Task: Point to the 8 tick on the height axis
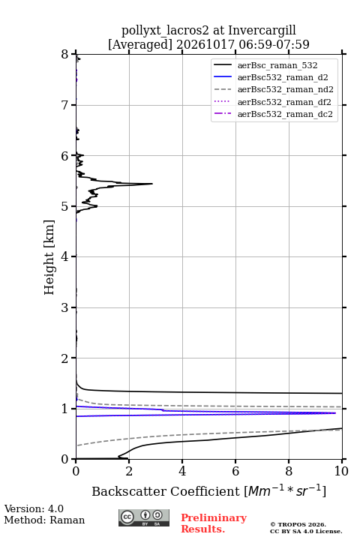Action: pyautogui.click(x=65, y=55)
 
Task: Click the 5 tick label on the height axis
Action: pyautogui.click(x=65, y=206)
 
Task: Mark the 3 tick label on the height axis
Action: pyautogui.click(x=65, y=307)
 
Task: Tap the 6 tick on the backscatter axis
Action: pyautogui.click(x=235, y=471)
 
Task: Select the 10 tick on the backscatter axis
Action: pyautogui.click(x=341, y=471)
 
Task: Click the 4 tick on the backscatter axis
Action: pyautogui.click(x=182, y=471)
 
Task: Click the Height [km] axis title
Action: pyautogui.click(x=49, y=257)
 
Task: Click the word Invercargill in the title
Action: pyautogui.click(x=262, y=30)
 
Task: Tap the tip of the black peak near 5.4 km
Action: pyautogui.click(x=152, y=184)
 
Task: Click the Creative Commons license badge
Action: pyautogui.click(x=144, y=517)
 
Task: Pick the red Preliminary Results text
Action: pyautogui.click(x=214, y=523)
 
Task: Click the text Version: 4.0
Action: pyautogui.click(x=34, y=508)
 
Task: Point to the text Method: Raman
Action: pyautogui.click(x=44, y=520)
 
